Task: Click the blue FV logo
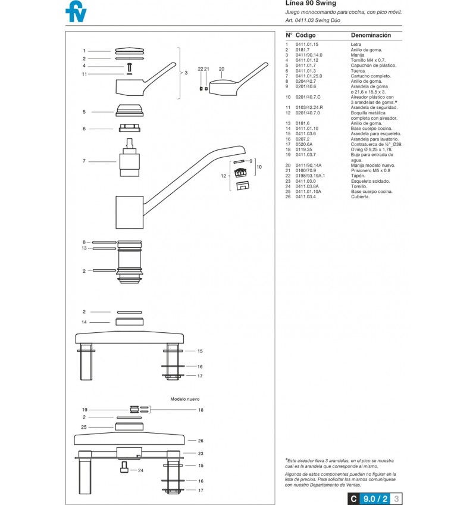coord(76,11)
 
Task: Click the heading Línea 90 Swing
coord(311,3)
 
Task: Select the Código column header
coord(305,35)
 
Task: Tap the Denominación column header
coord(371,35)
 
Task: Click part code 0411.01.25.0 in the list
coord(309,76)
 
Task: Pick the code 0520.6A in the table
coord(304,144)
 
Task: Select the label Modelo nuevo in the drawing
coord(184,399)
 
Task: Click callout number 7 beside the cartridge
coord(84,161)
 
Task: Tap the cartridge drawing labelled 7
coord(129,157)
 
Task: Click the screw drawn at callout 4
coord(129,67)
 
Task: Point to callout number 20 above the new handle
coord(221,69)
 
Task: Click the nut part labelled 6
coord(129,128)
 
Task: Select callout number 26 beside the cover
coord(201,441)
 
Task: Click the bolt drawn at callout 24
coord(124,467)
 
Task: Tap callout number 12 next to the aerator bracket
coord(223,176)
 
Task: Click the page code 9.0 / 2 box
coord(375,499)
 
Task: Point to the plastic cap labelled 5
coord(129,110)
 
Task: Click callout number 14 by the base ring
coord(84,322)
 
